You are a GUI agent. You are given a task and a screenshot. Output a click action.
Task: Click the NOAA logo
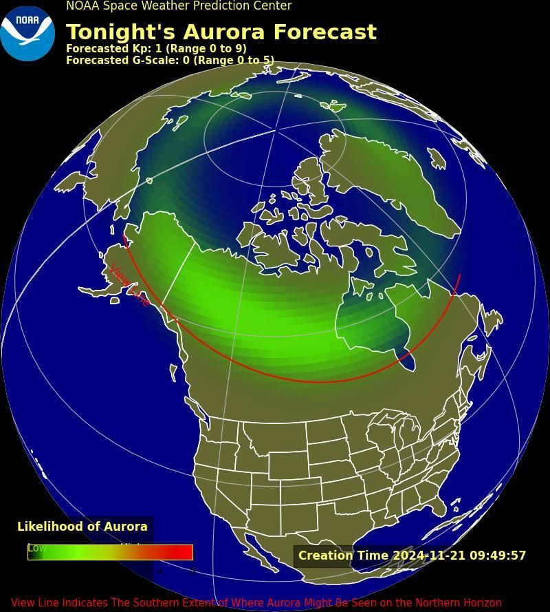pos(27,33)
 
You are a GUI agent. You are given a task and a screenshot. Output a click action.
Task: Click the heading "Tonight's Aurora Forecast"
pos(221,32)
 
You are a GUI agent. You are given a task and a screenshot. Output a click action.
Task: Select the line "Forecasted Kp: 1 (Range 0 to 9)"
pos(156,49)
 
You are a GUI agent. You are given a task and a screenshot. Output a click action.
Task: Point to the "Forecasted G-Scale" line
pos(170,61)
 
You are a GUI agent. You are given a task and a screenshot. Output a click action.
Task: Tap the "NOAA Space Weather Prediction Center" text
pos(179,6)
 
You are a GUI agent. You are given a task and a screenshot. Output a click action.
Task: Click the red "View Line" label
pos(129,285)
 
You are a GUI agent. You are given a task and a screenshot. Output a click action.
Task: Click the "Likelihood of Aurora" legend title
pos(82,527)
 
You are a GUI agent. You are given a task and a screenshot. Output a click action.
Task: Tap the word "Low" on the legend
pos(36,548)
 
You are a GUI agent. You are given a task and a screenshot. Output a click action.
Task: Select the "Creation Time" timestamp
pos(412,556)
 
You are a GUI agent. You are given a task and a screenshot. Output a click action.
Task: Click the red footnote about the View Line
pos(256,603)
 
